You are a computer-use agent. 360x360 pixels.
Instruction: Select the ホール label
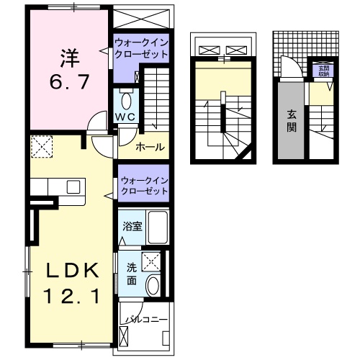click(149, 147)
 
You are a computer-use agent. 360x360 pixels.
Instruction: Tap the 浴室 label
click(132, 226)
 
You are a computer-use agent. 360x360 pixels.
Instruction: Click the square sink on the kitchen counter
click(73, 186)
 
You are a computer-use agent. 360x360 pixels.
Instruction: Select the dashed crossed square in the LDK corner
click(42, 147)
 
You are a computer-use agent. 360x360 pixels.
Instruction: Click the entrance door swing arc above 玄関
click(289, 69)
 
